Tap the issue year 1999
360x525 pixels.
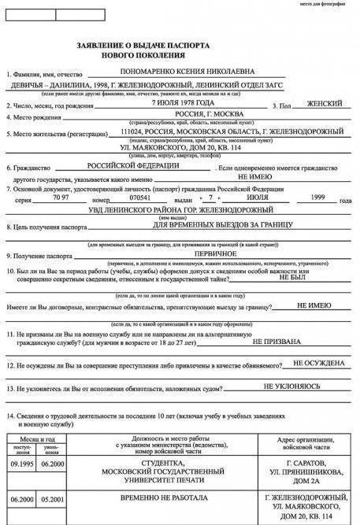pos(317,197)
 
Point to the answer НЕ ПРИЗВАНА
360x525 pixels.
pos(276,342)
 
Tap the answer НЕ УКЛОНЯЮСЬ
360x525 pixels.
pos(291,386)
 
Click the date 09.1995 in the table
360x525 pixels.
pos(21,464)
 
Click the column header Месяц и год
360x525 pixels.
pos(39,438)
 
